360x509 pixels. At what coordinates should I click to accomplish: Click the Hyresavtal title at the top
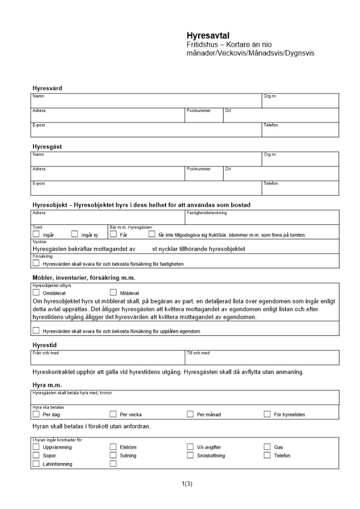pyautogui.click(x=209, y=36)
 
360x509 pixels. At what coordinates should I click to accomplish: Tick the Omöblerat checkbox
pyautogui.click(x=36, y=293)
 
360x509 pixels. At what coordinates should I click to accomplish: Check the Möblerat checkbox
pyautogui.click(x=114, y=293)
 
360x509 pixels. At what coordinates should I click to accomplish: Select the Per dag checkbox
pyautogui.click(x=36, y=414)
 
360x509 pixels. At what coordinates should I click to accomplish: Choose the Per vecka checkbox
pyautogui.click(x=114, y=414)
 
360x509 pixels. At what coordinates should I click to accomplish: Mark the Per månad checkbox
pyautogui.click(x=190, y=414)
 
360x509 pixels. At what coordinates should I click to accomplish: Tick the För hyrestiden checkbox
pyautogui.click(x=267, y=414)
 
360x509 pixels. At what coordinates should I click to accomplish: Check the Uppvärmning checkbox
pyautogui.click(x=36, y=447)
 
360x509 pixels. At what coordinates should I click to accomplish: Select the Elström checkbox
pyautogui.click(x=114, y=447)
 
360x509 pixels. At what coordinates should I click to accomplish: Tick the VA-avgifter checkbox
pyautogui.click(x=190, y=447)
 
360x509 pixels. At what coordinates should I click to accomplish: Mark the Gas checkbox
pyautogui.click(x=267, y=447)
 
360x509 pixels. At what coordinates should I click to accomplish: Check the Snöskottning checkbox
pyautogui.click(x=190, y=455)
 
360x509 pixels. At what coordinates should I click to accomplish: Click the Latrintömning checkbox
pyautogui.click(x=36, y=464)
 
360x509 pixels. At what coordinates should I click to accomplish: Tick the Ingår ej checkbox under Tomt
pyautogui.click(x=75, y=235)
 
